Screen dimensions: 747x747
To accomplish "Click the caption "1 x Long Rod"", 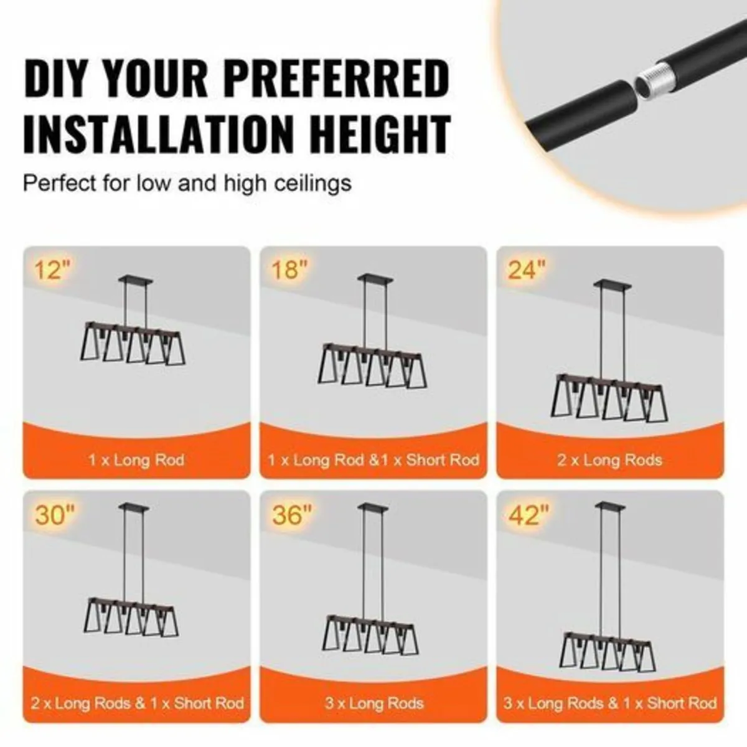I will (x=136, y=460).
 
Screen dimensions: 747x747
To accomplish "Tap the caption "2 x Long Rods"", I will (x=609, y=460).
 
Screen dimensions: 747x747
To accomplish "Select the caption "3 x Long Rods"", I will (x=374, y=703).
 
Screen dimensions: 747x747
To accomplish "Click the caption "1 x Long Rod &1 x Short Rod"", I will (x=374, y=460).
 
